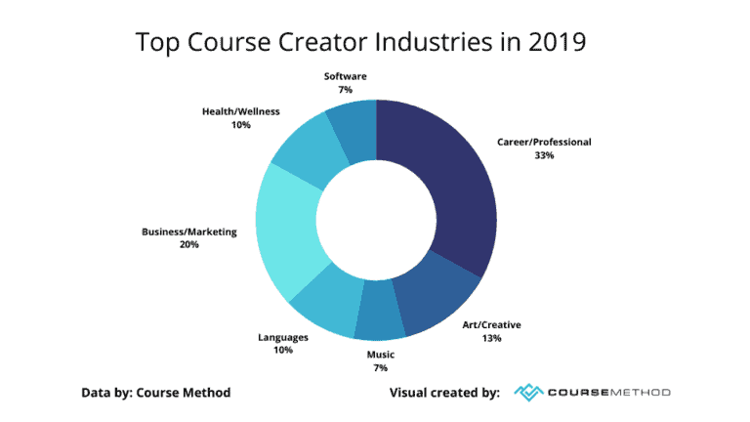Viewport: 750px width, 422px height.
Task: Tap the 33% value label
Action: coord(544,155)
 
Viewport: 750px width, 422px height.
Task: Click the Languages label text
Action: coord(283,337)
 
